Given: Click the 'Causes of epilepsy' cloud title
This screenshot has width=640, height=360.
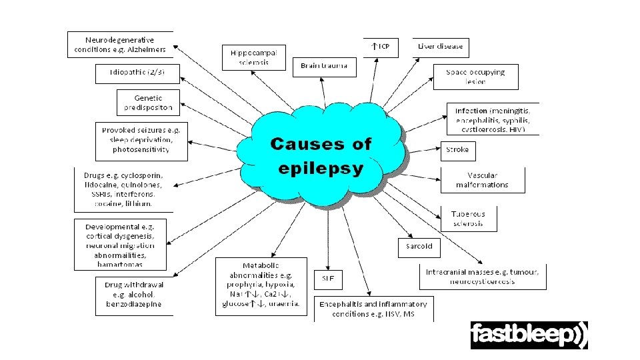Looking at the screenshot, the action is [x=321, y=155].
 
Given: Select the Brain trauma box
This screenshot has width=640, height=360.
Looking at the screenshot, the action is [x=324, y=66].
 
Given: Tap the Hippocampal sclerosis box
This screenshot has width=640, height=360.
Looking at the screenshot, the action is [x=254, y=57].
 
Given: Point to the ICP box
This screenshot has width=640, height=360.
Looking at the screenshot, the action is [x=380, y=47].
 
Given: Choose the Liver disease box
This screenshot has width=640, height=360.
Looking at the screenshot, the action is [x=440, y=47].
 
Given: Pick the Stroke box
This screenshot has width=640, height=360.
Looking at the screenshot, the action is [x=457, y=150].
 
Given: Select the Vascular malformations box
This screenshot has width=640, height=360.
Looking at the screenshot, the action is [x=483, y=180].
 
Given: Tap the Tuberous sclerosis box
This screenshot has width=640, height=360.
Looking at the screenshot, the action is [x=468, y=219].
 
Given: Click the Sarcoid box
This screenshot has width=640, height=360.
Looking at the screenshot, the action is [x=419, y=246].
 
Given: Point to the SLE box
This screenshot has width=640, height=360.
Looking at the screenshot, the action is [x=328, y=279].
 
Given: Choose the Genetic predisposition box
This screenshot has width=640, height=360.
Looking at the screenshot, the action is [x=148, y=103].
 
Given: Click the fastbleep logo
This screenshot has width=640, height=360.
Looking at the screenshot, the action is [x=529, y=335].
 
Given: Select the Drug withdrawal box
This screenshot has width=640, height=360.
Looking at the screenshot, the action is [x=133, y=294].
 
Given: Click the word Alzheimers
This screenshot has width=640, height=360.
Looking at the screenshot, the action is [x=145, y=49].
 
